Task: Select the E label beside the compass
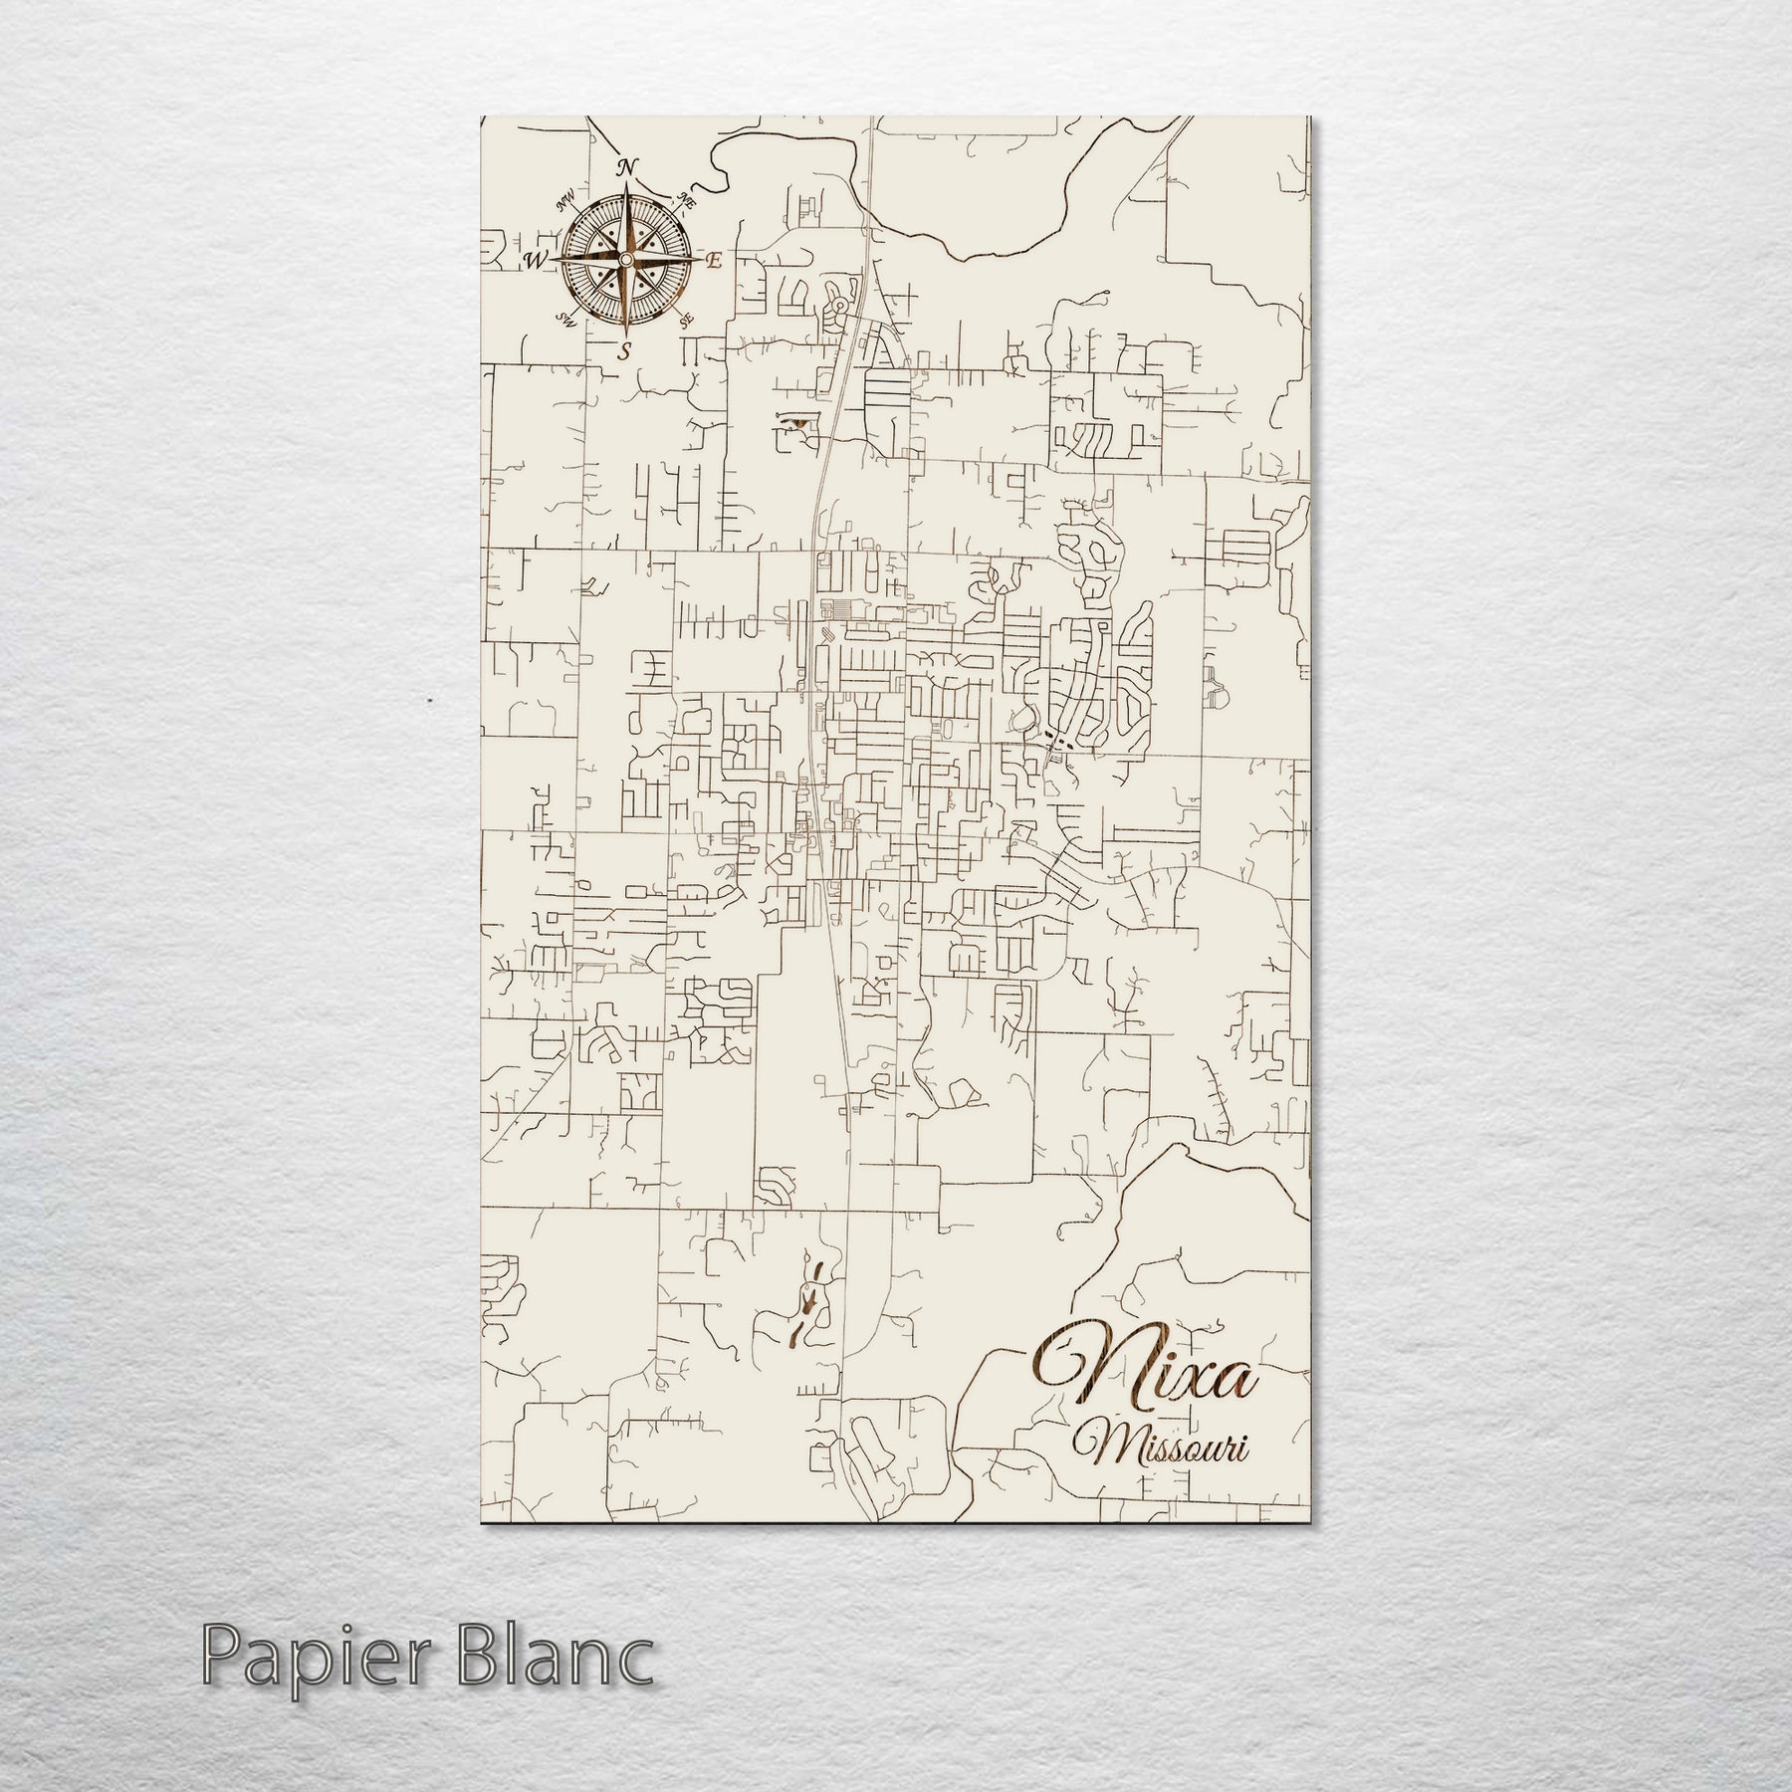click(x=713, y=261)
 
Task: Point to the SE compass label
click(x=685, y=321)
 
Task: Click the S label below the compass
click(x=625, y=350)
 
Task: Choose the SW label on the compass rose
click(x=566, y=320)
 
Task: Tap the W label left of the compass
click(x=536, y=261)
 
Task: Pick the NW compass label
click(x=567, y=202)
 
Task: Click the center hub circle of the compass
click(x=625, y=260)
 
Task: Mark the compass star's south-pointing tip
click(x=625, y=333)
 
